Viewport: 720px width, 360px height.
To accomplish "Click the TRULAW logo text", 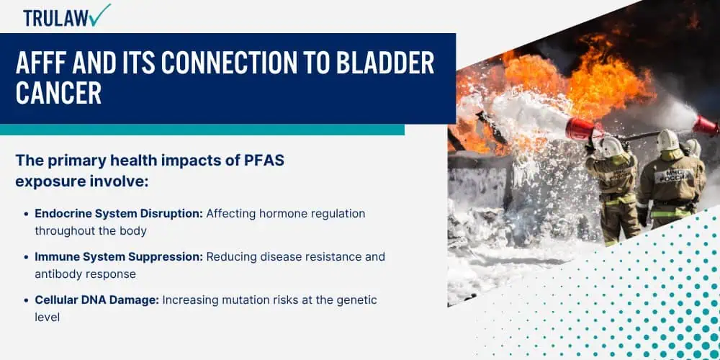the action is pyautogui.click(x=55, y=19).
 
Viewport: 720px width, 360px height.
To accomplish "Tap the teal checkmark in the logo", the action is pyautogui.click(x=101, y=15).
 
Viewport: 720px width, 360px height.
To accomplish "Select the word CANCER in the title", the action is pyautogui.click(x=58, y=92).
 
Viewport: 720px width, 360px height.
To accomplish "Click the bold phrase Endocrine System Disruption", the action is pyautogui.click(x=119, y=214).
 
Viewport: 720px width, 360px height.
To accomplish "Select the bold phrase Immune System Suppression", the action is pyautogui.click(x=119, y=257).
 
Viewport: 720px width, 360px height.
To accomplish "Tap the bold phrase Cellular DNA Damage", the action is pyautogui.click(x=97, y=300).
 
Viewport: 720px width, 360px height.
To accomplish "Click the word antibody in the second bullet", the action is pyautogui.click(x=57, y=274).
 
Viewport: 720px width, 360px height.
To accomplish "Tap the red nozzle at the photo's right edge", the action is pyautogui.click(x=706, y=125).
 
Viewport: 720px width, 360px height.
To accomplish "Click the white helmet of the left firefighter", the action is pyautogui.click(x=611, y=146).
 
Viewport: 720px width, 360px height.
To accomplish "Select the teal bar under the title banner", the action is pyautogui.click(x=202, y=130).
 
